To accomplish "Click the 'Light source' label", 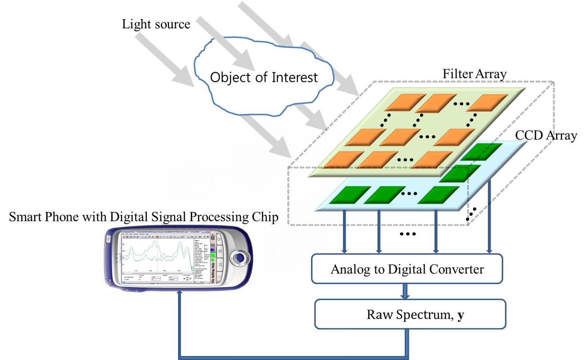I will click(156, 24).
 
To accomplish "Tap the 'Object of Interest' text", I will click(264, 78).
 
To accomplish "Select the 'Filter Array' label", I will click(474, 74).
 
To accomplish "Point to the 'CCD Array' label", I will click(546, 136).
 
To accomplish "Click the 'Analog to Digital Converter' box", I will click(407, 269).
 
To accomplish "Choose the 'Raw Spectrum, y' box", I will click(410, 314).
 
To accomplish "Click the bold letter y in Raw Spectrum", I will click(461, 315).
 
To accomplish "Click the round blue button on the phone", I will click(239, 258).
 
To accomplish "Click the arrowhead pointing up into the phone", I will click(179, 294).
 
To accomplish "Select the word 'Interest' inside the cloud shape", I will click(294, 78).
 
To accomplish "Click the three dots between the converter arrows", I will click(408, 234).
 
